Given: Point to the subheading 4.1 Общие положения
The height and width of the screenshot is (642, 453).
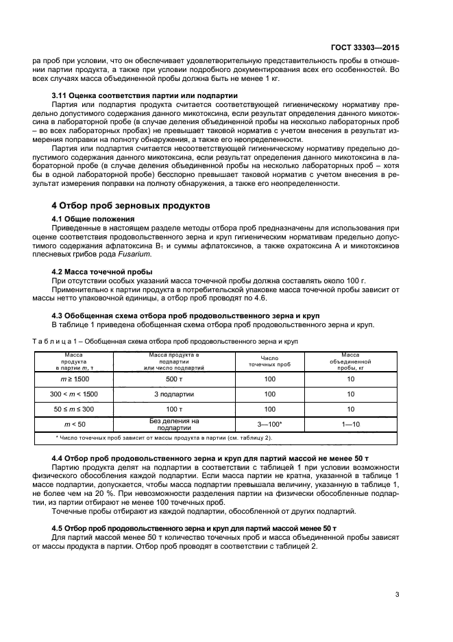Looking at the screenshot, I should click(x=93, y=218).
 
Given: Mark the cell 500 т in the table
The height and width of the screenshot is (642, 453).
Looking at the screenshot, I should click(x=174, y=378).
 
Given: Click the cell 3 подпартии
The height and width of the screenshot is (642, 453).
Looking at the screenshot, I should click(x=174, y=394).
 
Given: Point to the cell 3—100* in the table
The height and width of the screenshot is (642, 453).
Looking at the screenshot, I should click(x=269, y=425).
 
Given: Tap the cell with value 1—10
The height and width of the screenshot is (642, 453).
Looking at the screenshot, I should click(x=350, y=425).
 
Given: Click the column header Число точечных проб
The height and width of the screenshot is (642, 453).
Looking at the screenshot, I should click(x=269, y=361).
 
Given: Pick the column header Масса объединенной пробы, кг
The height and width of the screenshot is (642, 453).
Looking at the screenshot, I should click(x=350, y=361).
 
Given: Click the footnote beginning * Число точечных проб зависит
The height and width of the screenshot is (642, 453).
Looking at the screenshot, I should click(x=163, y=437).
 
